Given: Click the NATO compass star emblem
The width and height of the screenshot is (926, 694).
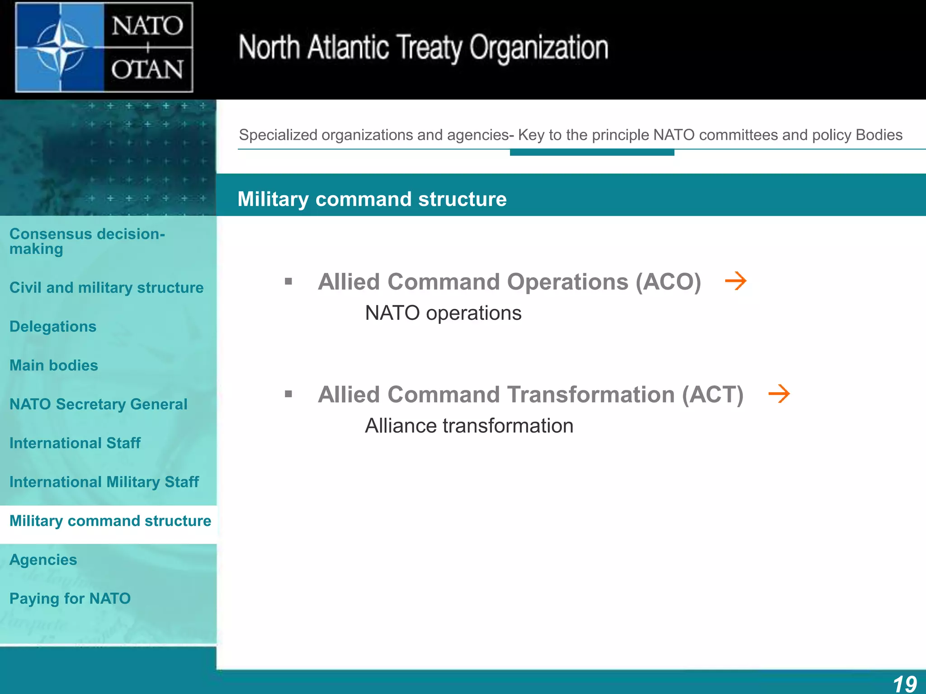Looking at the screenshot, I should (60, 47).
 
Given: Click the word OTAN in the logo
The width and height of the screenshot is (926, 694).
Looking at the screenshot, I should (147, 70).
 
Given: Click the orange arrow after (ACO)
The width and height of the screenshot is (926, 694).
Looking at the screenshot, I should (736, 281).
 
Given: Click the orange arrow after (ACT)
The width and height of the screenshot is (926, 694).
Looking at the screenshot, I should (779, 394).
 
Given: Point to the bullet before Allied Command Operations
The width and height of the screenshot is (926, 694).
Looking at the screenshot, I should (288, 282).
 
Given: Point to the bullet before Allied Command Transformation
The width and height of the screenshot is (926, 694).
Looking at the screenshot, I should (288, 394).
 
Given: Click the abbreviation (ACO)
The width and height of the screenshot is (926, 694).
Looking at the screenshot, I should (668, 282).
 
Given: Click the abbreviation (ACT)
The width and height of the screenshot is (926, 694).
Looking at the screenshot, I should (712, 394).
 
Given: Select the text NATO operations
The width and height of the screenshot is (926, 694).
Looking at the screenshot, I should (443, 313).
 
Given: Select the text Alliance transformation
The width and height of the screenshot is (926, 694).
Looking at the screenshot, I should (469, 426).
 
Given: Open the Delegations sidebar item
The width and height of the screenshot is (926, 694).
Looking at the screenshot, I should (53, 326).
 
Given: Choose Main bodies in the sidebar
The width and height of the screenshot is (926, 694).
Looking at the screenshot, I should (54, 365).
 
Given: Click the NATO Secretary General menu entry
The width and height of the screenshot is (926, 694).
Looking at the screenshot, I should (98, 404).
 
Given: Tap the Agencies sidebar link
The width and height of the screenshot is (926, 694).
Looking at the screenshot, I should (43, 559).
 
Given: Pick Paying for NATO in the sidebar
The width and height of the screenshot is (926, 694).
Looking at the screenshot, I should (70, 598).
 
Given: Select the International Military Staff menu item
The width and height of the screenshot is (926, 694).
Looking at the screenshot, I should (104, 482).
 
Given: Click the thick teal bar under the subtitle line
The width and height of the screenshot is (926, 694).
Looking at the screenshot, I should (592, 153).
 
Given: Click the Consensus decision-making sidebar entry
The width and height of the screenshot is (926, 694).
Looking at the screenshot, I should (87, 241).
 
